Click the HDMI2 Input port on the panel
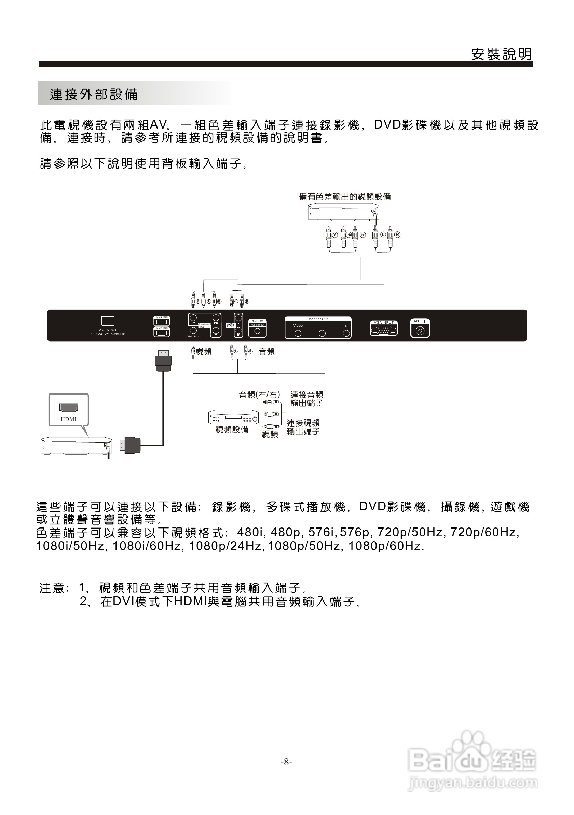click(162, 322)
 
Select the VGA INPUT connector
click(383, 330)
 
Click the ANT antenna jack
click(420, 331)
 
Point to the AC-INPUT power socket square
click(108, 321)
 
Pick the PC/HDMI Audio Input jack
click(258, 331)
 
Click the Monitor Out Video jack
click(298, 333)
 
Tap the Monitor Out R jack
click(346, 333)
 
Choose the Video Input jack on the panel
click(193, 331)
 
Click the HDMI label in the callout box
click(68, 419)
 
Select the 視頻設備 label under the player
click(232, 430)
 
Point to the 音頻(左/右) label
click(259, 395)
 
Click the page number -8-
click(286, 762)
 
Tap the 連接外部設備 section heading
click(94, 94)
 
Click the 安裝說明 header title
click(502, 54)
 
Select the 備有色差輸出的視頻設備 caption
click(345, 197)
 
